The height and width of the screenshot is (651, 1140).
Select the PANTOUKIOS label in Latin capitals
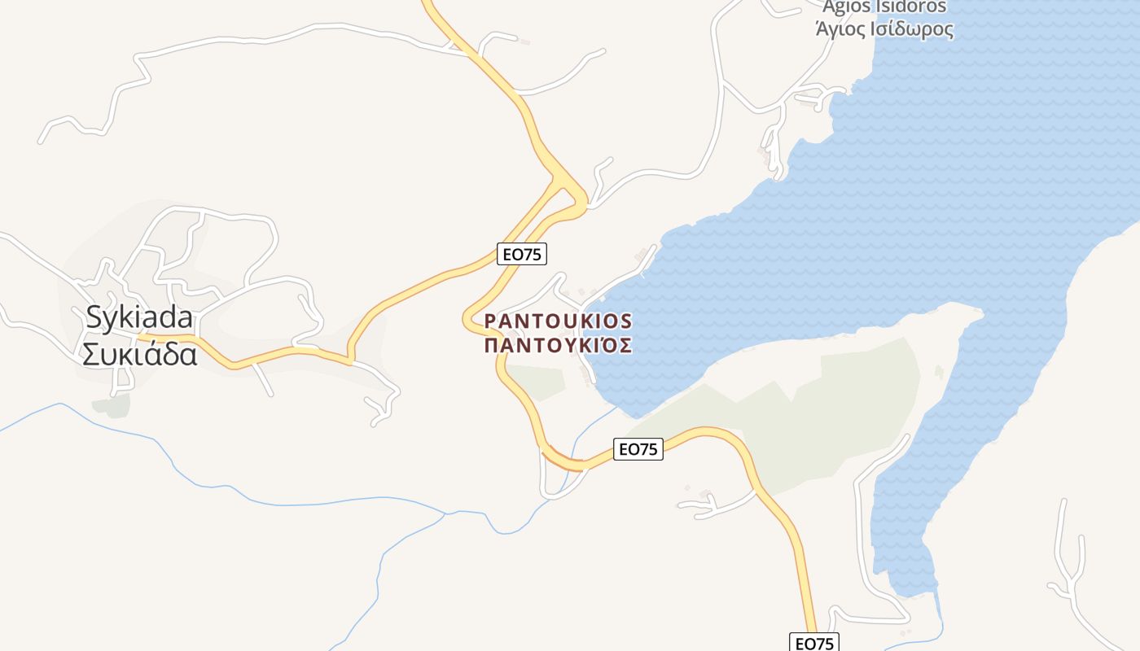click(558, 321)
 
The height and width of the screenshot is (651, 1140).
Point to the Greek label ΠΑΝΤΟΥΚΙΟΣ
click(558, 346)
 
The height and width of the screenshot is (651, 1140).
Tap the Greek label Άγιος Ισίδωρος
click(884, 30)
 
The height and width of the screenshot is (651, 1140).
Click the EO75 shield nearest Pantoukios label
click(522, 254)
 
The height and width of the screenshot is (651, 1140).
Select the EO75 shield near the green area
click(638, 448)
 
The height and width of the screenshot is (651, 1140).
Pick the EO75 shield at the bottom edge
click(814, 643)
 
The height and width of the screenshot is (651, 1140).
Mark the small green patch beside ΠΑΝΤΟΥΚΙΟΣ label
click(536, 381)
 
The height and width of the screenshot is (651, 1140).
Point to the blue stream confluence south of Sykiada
click(445, 514)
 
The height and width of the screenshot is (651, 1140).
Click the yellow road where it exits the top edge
click(427, 3)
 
